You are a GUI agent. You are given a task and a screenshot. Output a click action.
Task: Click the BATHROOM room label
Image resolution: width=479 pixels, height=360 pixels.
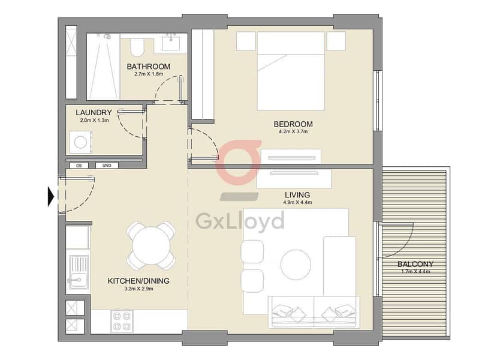point(149,67)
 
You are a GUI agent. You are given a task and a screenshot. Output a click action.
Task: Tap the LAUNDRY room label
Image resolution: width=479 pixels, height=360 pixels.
point(94,113)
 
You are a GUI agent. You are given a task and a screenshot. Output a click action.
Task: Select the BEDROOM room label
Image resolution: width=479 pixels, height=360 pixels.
point(293,124)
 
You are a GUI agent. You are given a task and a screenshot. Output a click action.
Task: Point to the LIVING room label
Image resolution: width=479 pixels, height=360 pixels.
point(297,195)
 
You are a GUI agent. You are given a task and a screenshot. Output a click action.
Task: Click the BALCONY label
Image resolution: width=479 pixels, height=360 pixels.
point(415,264)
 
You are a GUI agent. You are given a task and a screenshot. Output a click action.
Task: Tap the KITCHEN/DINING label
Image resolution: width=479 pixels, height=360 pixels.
point(138,281)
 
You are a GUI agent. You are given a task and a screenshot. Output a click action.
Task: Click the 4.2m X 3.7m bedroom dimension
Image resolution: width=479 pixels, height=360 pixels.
point(293,132)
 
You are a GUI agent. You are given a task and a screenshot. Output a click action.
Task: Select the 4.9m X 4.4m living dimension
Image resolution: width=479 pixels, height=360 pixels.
point(297,202)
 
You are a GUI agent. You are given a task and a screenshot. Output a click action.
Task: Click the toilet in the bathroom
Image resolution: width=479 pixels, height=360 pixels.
point(137,47)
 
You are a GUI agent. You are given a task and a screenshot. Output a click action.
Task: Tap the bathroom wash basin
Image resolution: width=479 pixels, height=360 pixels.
point(171,42)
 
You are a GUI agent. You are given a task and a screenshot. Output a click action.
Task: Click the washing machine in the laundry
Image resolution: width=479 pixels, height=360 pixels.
point(81,143)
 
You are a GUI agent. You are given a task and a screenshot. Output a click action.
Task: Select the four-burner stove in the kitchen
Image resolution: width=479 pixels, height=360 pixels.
point(122,321)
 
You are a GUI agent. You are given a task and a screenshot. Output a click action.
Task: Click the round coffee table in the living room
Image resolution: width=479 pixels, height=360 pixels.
point(296,265)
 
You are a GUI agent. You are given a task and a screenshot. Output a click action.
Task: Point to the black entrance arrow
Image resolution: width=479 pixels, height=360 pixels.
point(51,196)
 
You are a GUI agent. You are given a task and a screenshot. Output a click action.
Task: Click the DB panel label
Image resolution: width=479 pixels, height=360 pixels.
point(79,166)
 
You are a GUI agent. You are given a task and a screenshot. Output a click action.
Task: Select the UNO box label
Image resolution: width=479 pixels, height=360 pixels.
point(107,166)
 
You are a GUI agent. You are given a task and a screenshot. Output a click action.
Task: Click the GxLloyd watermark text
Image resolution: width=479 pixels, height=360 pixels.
point(240,221)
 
